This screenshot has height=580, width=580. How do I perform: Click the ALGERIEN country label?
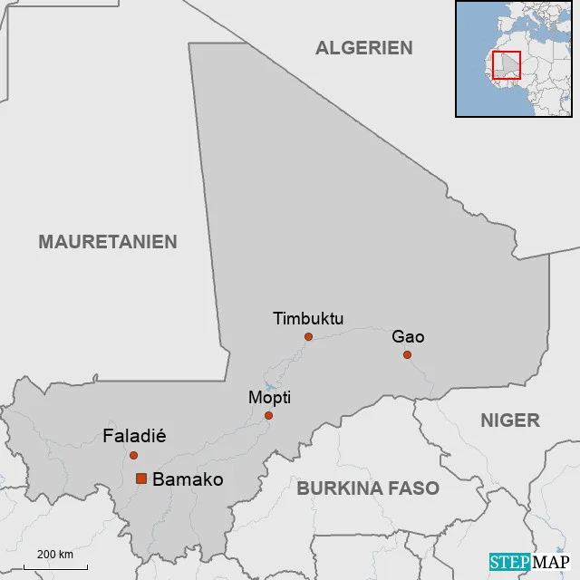[x=363, y=48]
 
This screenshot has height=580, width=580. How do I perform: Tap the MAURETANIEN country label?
[x=108, y=242]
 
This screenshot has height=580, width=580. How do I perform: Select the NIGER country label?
[x=509, y=420]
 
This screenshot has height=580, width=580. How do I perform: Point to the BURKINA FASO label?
[x=368, y=488]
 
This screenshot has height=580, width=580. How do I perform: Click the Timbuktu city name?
[x=308, y=318]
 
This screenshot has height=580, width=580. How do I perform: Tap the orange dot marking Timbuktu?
[x=308, y=336]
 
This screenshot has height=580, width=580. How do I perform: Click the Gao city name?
[x=408, y=337]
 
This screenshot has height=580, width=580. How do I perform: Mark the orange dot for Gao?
[x=408, y=354]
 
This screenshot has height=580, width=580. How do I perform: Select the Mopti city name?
[x=269, y=398]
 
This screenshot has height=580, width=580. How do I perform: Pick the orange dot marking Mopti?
[x=268, y=416]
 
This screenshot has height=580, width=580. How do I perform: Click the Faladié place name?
[x=134, y=437]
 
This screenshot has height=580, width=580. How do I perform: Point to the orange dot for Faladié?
[x=133, y=455]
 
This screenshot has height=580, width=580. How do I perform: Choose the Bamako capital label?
[x=188, y=479]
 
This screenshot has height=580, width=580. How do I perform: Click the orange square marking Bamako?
[x=141, y=478]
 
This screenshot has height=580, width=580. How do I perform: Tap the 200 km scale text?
[x=54, y=555]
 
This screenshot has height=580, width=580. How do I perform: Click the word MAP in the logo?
[x=550, y=562]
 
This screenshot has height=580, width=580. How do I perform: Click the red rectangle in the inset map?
[x=506, y=65]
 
